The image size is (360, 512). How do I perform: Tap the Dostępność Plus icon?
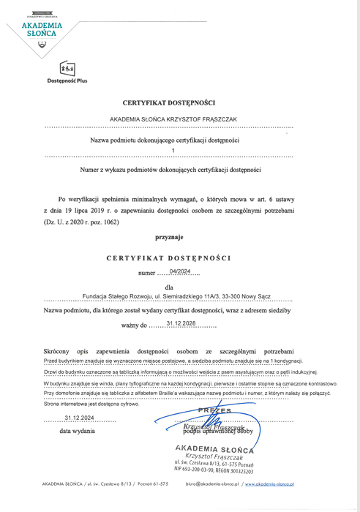click(x=66, y=68)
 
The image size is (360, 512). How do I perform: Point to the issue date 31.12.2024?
click(x=80, y=418)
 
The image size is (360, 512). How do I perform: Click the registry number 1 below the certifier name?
click(x=173, y=151)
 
